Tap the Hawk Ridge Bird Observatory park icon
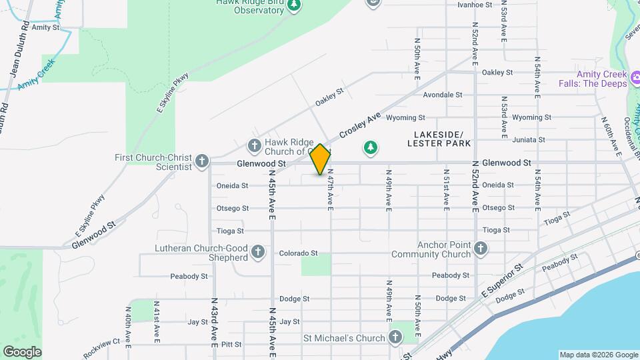point(295,6)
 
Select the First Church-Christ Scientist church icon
point(202,161)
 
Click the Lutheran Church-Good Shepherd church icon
point(258,252)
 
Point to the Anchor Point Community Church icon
point(480,249)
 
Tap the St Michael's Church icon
point(395,337)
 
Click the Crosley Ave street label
point(360,125)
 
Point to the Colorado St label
point(298,253)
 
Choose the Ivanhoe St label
point(474,4)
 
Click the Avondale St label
point(443,95)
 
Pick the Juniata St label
point(529,140)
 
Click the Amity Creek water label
point(36,79)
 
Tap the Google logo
point(22,351)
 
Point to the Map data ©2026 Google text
point(597,355)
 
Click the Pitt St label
point(231,344)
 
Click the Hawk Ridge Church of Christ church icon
point(254,145)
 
